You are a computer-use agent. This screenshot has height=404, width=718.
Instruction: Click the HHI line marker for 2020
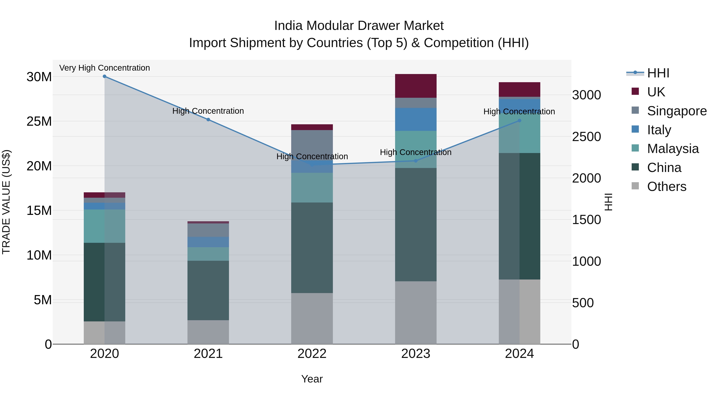click(x=105, y=76)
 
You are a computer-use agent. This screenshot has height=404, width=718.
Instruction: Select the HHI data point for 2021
click(x=208, y=120)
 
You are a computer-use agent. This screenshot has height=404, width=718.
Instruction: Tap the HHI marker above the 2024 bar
click(x=519, y=121)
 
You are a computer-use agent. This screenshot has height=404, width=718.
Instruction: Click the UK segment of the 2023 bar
click(x=416, y=86)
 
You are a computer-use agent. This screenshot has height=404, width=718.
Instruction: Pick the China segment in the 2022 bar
click(x=312, y=248)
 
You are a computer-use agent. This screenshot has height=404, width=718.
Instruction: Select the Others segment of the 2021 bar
click(x=208, y=332)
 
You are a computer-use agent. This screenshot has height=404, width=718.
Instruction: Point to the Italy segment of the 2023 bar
click(x=416, y=119)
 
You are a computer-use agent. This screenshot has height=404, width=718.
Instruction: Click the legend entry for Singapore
click(x=677, y=111)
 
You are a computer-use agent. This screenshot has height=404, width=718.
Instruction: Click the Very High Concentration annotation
click(x=105, y=68)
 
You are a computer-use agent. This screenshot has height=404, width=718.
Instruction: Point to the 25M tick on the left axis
click(x=39, y=121)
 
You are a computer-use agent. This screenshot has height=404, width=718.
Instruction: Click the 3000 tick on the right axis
click(x=586, y=95)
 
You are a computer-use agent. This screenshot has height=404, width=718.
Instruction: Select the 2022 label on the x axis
click(x=312, y=354)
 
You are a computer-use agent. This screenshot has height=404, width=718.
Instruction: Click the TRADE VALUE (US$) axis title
click(x=6, y=202)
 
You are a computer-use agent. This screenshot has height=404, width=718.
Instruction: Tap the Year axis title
click(x=312, y=379)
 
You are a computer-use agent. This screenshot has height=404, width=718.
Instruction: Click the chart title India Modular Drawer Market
click(x=359, y=26)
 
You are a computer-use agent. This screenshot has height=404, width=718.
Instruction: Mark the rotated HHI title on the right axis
click(x=609, y=202)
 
